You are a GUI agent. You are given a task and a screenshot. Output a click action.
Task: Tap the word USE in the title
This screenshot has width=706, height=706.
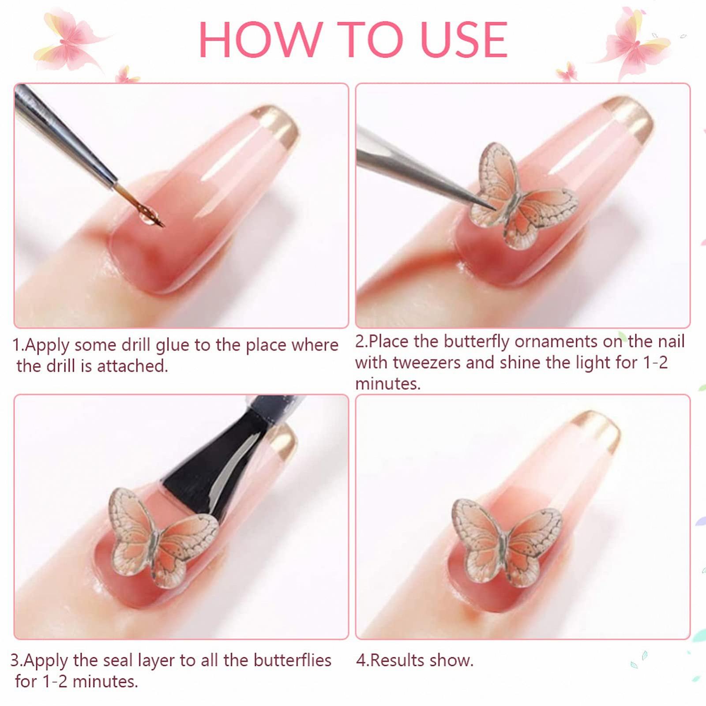[x=463, y=39]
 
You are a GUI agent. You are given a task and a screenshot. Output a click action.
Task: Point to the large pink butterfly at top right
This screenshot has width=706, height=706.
[x=635, y=42]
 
